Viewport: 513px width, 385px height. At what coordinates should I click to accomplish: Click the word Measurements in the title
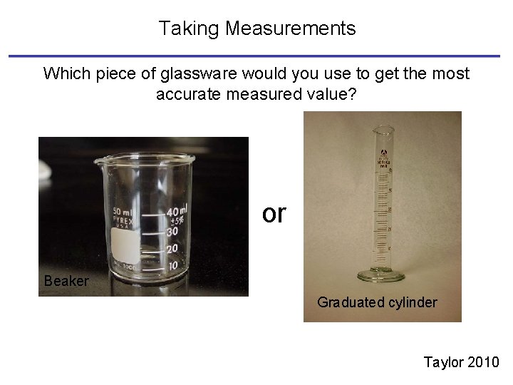pos(291,29)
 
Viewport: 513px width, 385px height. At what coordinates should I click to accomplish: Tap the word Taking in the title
pos(188,29)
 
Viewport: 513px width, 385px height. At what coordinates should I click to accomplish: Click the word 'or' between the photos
pos(274,212)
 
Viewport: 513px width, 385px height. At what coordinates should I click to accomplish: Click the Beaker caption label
pos(66,281)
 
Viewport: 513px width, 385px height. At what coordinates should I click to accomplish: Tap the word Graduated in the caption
pos(350,302)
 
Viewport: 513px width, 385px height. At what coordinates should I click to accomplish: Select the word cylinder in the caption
pos(410,302)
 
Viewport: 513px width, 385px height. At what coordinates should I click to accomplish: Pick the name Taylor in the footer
pos(443,362)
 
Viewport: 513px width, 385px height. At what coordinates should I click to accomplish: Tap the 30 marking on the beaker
pos(171,231)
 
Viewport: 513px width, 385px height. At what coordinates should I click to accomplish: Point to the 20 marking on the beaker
pos(171,248)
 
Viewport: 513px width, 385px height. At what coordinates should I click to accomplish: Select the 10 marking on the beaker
pos(171,265)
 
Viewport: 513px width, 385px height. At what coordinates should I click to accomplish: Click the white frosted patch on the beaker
pos(126,245)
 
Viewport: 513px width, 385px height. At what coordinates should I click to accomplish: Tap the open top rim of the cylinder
pos(384,128)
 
